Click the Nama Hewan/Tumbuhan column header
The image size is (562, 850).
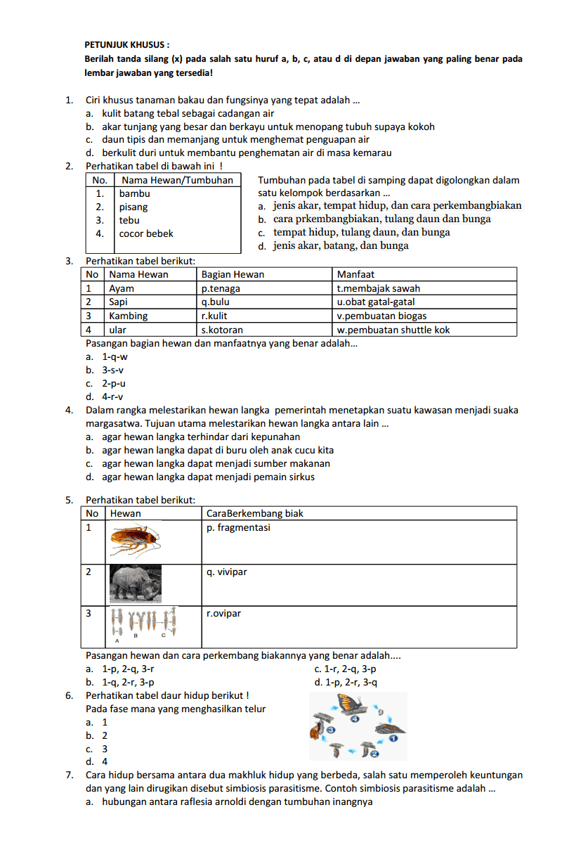click(x=176, y=180)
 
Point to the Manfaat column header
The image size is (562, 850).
click(x=355, y=274)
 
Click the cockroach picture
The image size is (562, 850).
click(x=140, y=539)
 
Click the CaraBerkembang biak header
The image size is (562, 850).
click(x=255, y=513)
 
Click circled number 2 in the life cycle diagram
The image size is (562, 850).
click(x=374, y=754)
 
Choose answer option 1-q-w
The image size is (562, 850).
click(x=115, y=356)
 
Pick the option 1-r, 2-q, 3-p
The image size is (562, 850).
click(x=345, y=669)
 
